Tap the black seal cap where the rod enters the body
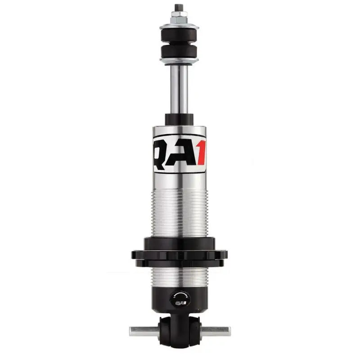180,119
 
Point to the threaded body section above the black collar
180,211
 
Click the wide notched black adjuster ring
180,254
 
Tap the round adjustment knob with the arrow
180,299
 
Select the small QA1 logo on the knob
179,304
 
